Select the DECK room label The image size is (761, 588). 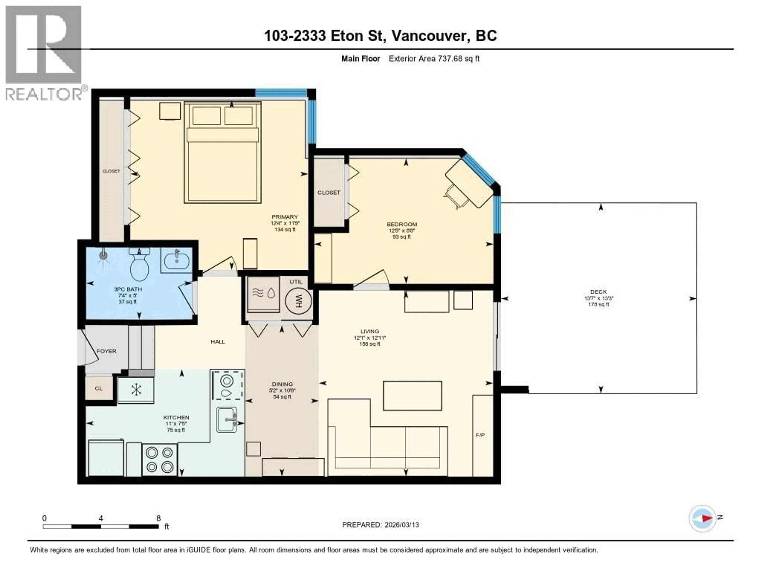click(x=598, y=292)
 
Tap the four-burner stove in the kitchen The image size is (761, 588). click(x=160, y=459)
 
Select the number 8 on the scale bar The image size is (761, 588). click(x=159, y=518)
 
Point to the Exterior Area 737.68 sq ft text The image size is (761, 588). click(x=434, y=58)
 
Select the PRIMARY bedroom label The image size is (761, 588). click(x=285, y=217)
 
